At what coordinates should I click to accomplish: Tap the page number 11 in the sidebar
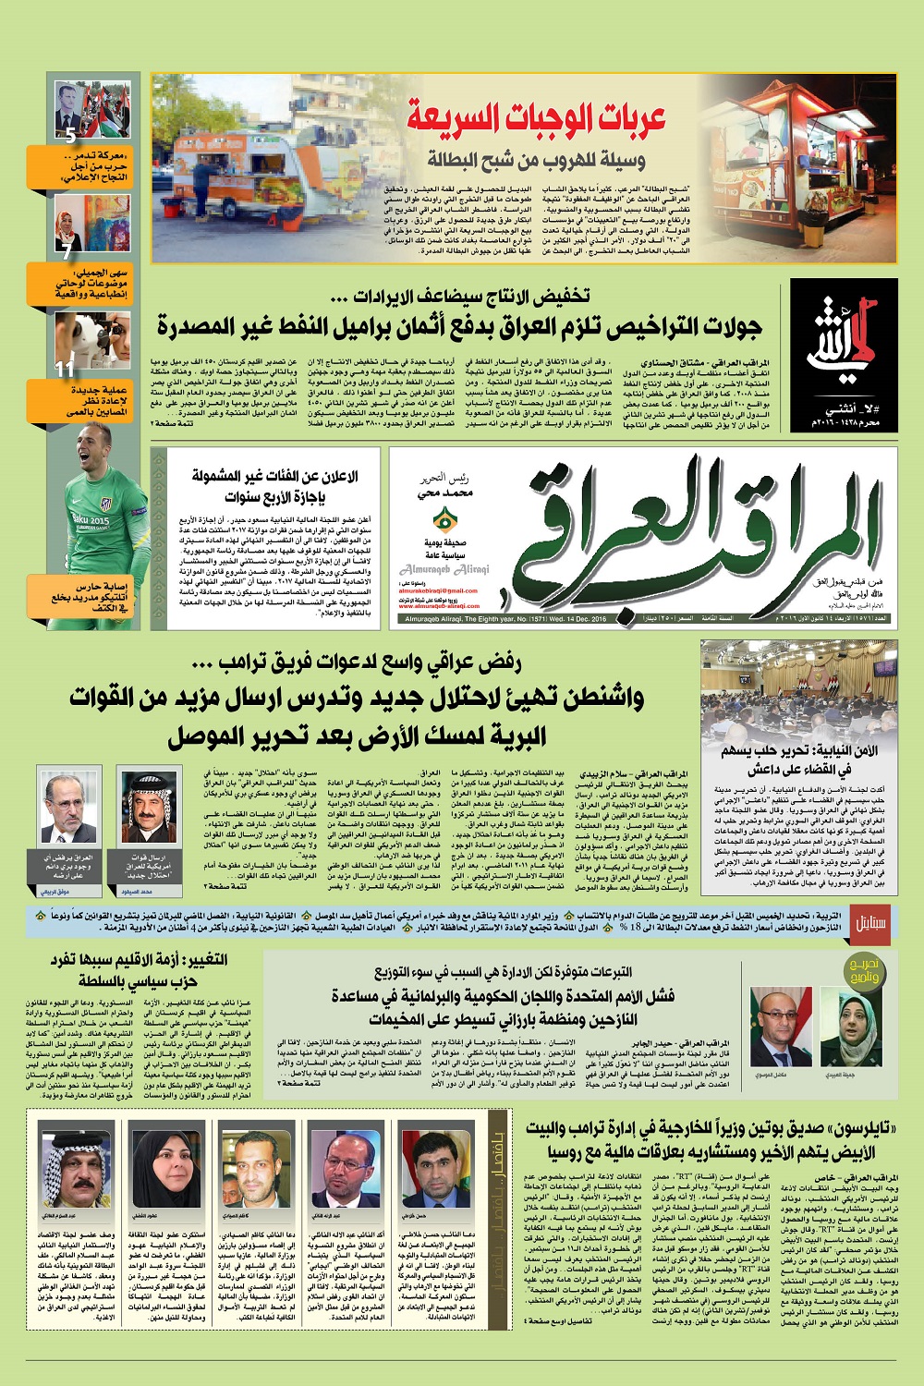[64, 369]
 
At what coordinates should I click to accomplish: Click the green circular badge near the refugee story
[865, 970]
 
